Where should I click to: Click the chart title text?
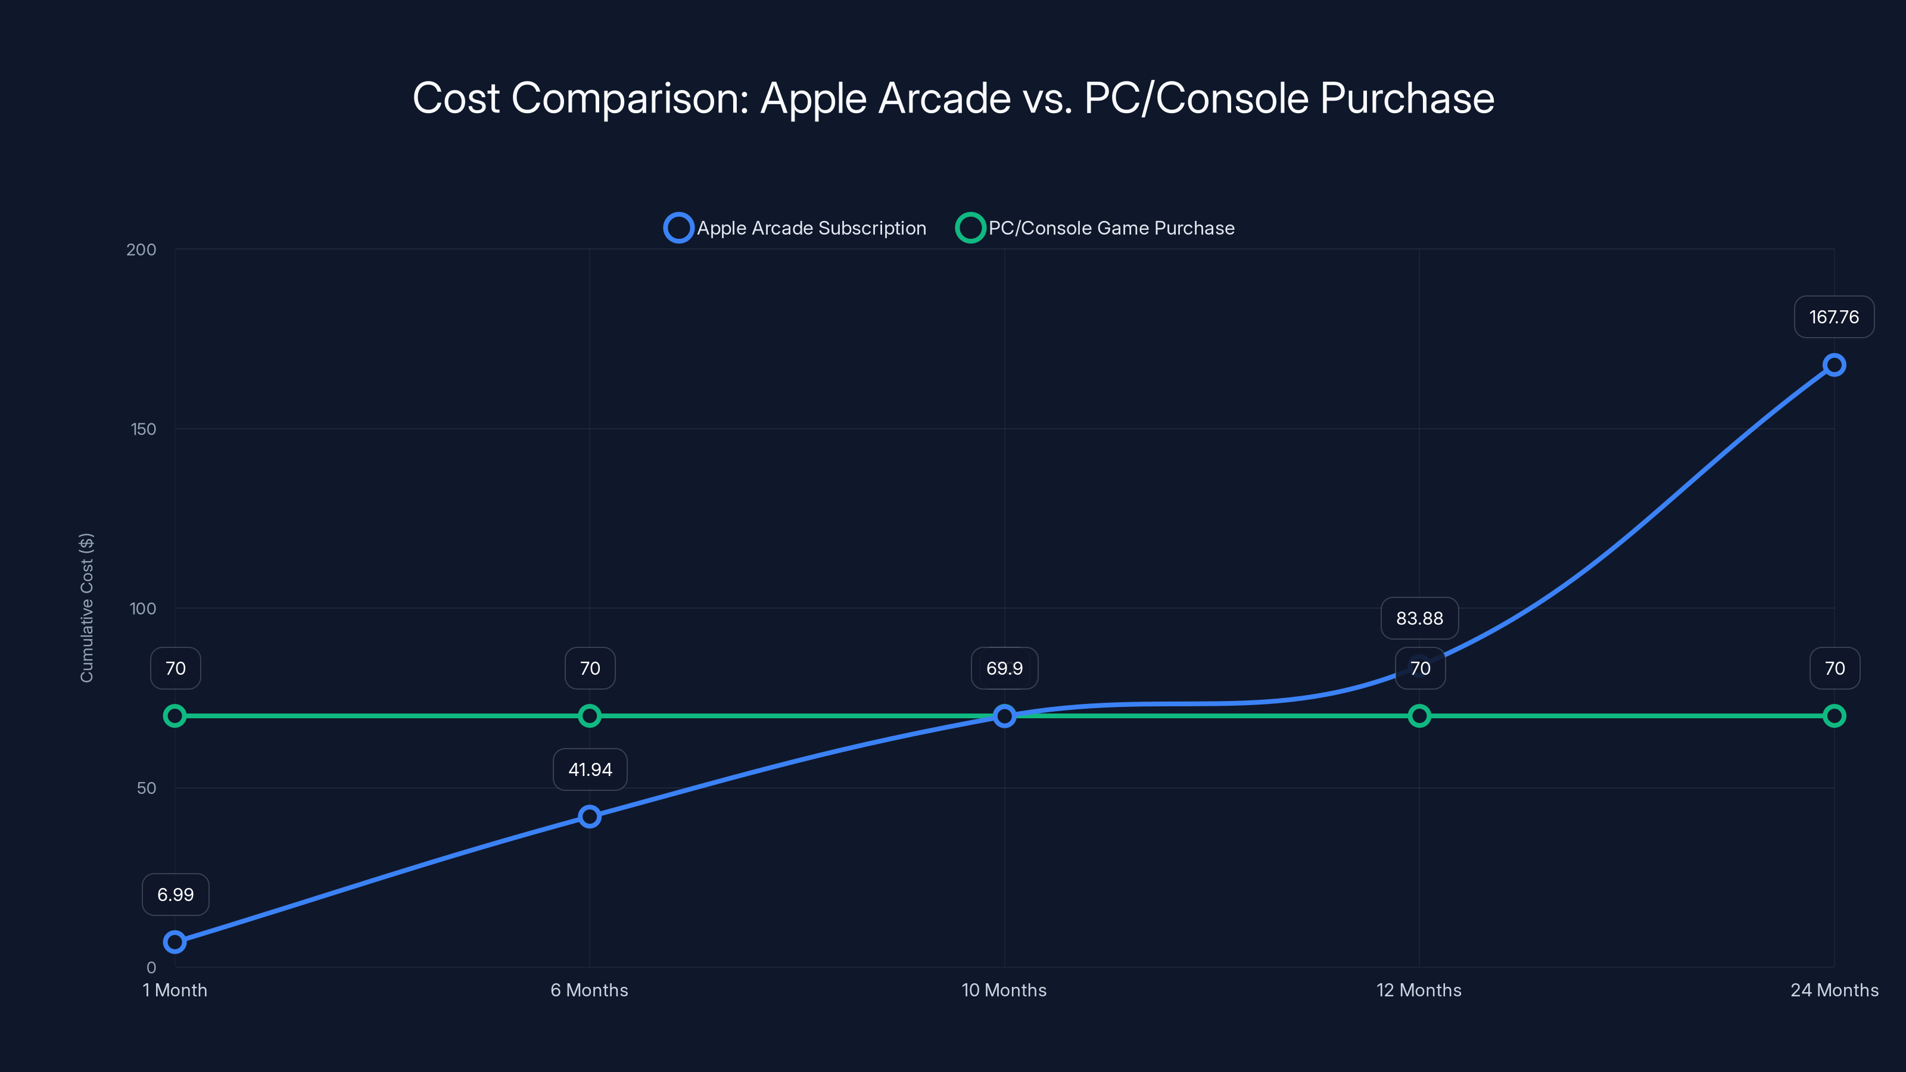[x=953, y=98]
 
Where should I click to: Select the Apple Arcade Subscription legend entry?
[x=795, y=228]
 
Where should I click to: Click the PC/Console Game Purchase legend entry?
[x=1096, y=228]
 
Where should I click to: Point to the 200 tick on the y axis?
[x=141, y=250]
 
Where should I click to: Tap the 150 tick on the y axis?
[x=144, y=429]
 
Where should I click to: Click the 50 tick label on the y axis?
[x=147, y=788]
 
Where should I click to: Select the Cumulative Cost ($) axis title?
[x=86, y=607]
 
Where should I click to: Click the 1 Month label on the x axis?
[x=175, y=990]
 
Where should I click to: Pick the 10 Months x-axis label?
[x=1004, y=990]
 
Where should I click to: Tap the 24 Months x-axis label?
[x=1833, y=990]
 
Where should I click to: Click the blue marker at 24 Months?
[x=1833, y=364]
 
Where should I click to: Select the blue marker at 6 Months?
[x=590, y=817]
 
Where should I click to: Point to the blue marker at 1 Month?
[x=175, y=942]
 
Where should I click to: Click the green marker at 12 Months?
[x=1419, y=715]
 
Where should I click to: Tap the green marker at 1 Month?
[x=175, y=715]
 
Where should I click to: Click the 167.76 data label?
[x=1833, y=317]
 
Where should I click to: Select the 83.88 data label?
[x=1419, y=619]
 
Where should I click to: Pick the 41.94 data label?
[x=590, y=769]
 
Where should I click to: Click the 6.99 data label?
[x=175, y=895]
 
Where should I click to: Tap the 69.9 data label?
[x=1004, y=668]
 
